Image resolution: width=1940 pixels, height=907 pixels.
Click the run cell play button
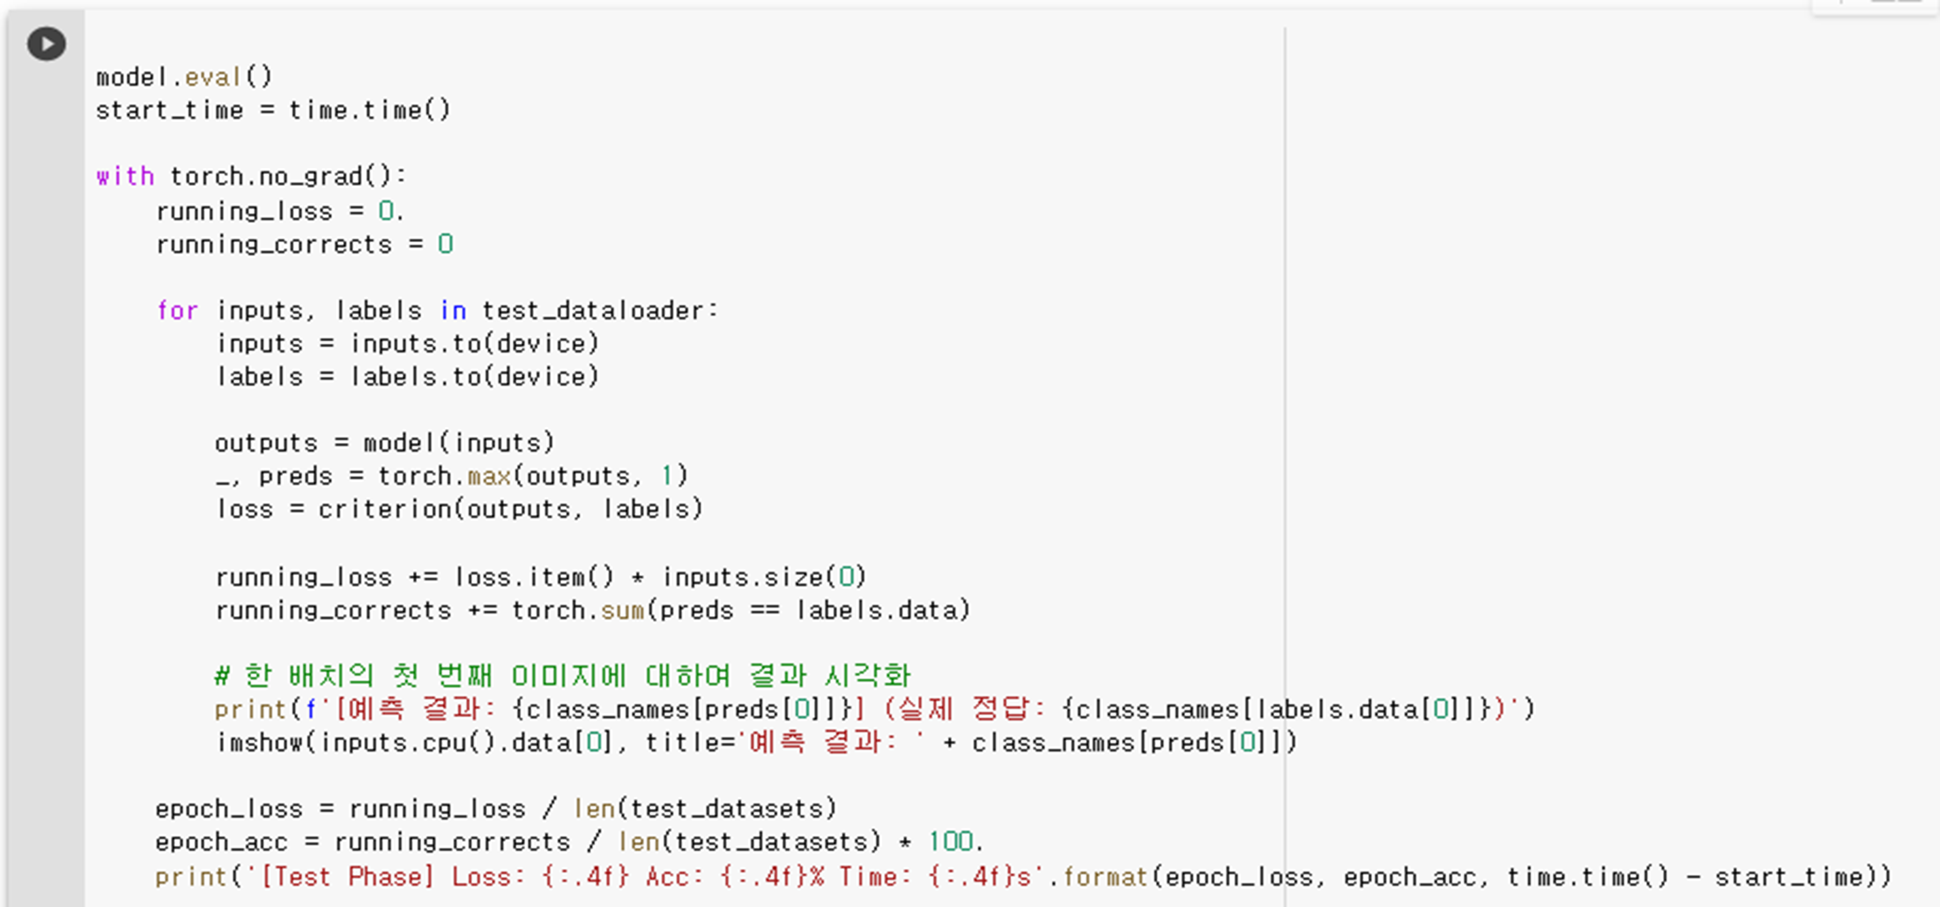click(x=46, y=44)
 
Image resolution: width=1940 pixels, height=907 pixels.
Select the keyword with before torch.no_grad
click(x=125, y=176)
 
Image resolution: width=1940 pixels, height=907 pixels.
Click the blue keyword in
click(x=452, y=310)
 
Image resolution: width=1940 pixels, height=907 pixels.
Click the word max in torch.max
click(x=489, y=476)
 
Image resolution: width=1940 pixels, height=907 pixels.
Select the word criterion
click(x=384, y=509)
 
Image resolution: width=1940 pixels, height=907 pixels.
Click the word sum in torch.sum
click(x=622, y=610)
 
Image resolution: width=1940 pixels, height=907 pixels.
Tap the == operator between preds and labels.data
click(x=765, y=610)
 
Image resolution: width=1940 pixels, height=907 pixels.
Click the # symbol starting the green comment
click(x=221, y=676)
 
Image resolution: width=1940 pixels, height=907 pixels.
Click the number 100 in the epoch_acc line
click(x=950, y=842)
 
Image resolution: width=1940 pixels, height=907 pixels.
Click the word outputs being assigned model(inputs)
click(x=266, y=443)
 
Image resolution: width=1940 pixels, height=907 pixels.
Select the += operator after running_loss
click(x=422, y=577)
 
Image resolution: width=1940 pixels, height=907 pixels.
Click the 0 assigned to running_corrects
click(x=445, y=244)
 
